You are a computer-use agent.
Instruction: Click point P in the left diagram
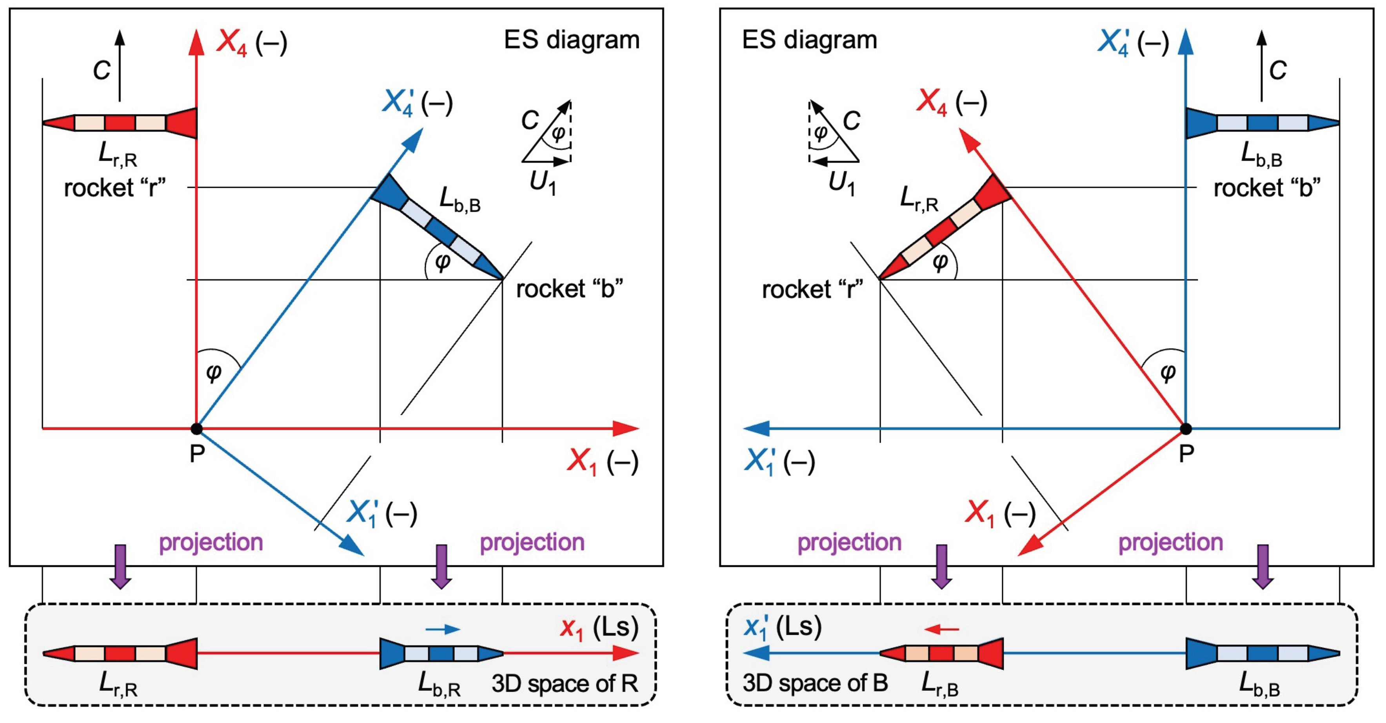pyautogui.click(x=197, y=429)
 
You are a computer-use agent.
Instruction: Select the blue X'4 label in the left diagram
pyautogui.click(x=417, y=102)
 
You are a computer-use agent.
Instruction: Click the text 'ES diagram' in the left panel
pyautogui.click(x=571, y=40)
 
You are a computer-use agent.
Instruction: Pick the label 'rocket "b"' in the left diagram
pyautogui.click(x=569, y=289)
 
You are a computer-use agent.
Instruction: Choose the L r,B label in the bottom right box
pyautogui.click(x=939, y=684)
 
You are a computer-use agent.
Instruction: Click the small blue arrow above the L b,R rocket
pyautogui.click(x=442, y=629)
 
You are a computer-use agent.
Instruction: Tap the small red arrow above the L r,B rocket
pyautogui.click(x=941, y=629)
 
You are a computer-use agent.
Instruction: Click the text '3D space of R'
pyautogui.click(x=565, y=684)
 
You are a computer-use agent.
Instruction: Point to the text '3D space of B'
pyautogui.click(x=815, y=683)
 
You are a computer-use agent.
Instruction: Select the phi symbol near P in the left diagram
pyautogui.click(x=214, y=372)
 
